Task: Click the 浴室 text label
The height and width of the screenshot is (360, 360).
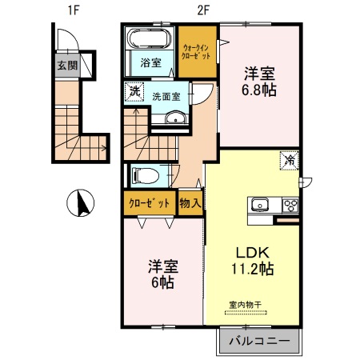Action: (150, 63)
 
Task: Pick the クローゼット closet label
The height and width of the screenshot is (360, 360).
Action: (149, 203)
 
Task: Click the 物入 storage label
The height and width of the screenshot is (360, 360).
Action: (190, 203)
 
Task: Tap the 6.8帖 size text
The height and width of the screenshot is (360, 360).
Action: (260, 90)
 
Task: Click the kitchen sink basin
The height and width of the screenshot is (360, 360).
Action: (261, 205)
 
